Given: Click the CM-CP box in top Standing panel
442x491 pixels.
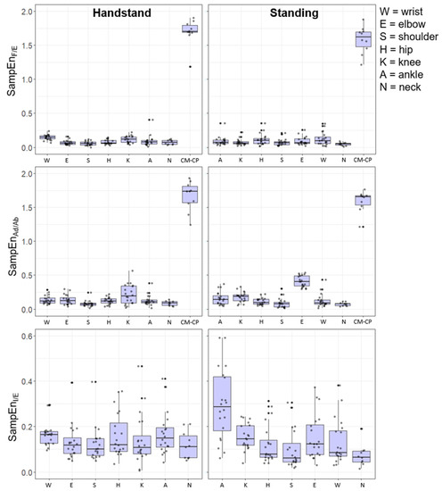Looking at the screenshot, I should click(x=363, y=38).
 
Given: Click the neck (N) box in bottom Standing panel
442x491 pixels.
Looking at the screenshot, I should click(x=361, y=457).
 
